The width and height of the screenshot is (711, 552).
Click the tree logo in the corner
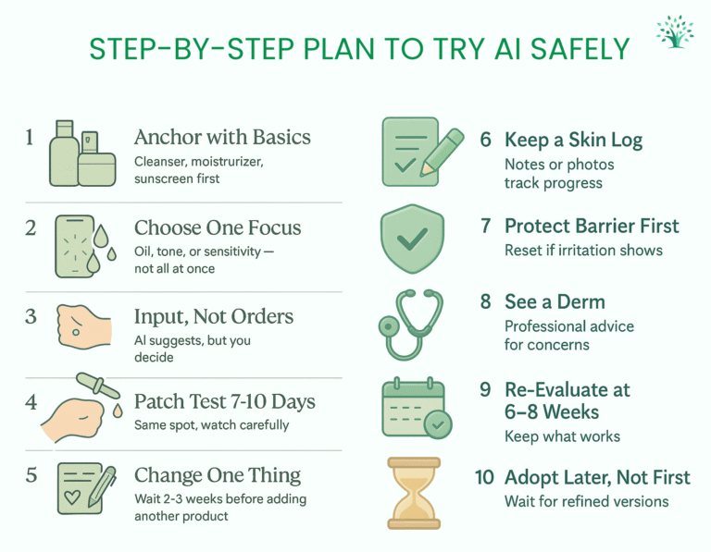675,31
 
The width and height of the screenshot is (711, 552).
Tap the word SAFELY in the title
580,49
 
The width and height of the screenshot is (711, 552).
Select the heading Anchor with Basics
222,137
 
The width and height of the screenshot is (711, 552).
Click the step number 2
31,227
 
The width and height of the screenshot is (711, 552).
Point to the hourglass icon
414,493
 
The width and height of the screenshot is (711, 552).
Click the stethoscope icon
409,325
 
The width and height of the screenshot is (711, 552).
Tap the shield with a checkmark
412,239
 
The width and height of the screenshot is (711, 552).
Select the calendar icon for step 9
417,408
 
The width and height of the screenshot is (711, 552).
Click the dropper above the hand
98,386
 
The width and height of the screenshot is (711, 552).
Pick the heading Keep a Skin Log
573,140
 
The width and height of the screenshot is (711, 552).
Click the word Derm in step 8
580,302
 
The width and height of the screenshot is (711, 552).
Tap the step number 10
484,477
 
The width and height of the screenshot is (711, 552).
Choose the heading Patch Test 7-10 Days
224,401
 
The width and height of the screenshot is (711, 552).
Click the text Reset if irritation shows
583,251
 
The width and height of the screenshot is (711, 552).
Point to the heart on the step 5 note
71,497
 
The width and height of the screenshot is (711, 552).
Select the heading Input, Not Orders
214,317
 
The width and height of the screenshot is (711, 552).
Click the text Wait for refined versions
586,502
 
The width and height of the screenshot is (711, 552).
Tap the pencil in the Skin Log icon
443,153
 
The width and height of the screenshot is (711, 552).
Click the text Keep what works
562,436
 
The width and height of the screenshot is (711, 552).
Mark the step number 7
486,226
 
